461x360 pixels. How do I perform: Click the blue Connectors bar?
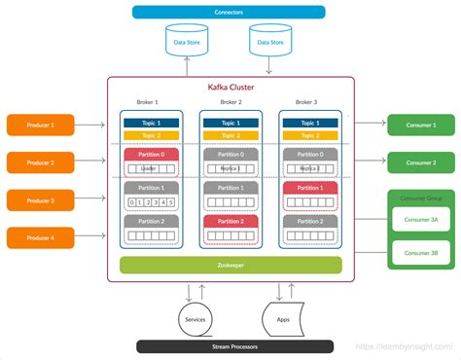tap(230, 12)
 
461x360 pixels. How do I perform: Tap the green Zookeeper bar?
tap(230, 265)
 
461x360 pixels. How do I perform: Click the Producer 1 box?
tap(40, 125)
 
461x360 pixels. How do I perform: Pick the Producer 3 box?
tap(40, 199)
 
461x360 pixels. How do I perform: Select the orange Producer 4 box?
tap(40, 236)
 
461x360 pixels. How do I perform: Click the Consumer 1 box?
tap(420, 125)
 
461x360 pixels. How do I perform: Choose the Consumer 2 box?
tap(420, 162)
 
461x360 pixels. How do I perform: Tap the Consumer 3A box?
tap(421, 220)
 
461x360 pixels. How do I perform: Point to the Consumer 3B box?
tap(421, 254)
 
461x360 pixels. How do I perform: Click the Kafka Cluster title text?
tap(230, 88)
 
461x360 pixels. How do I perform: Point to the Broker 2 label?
tap(230, 102)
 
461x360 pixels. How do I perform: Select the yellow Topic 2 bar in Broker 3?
tap(310, 135)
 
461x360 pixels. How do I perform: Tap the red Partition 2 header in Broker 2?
tap(230, 222)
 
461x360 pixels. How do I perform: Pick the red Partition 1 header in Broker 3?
tap(310, 188)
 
